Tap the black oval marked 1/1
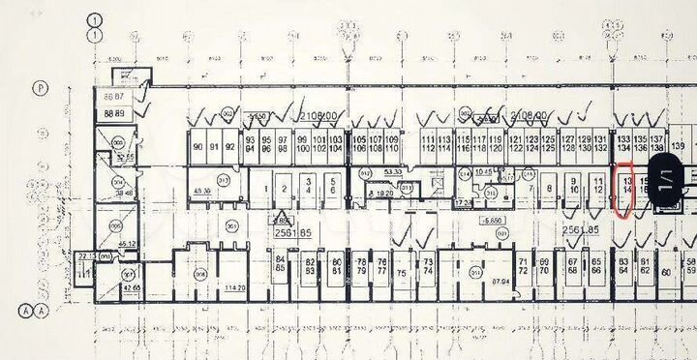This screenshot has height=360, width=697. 666,184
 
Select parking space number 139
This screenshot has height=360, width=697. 679,146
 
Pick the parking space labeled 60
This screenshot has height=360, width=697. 666,272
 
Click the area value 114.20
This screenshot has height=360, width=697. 234,288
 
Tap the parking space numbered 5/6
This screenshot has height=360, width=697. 332,184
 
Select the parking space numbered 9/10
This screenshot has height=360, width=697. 574,184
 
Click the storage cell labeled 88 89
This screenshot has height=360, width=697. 114,113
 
